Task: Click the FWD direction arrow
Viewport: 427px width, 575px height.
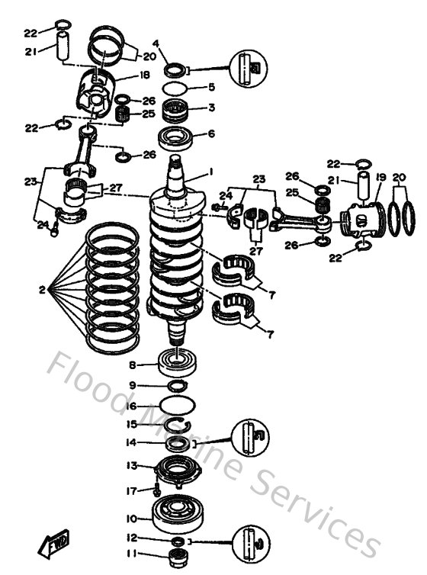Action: point(54,544)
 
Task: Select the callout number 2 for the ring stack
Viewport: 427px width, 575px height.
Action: point(43,290)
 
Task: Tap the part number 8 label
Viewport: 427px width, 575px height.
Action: point(132,365)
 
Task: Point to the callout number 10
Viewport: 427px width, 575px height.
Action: point(132,519)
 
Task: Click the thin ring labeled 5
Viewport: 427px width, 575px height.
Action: point(177,88)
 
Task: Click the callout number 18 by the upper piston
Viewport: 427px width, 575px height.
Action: point(144,75)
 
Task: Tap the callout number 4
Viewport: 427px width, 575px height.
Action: point(156,43)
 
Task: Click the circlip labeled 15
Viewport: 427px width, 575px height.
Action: point(177,424)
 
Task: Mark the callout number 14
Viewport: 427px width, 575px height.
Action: point(132,442)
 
